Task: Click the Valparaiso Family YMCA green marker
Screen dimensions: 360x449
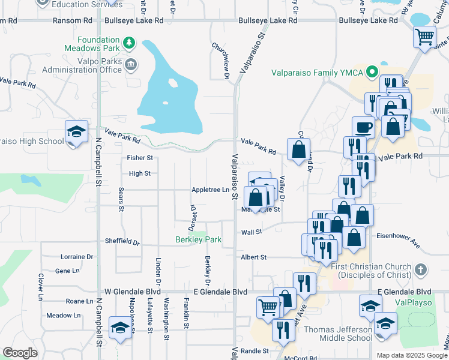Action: pos(372,73)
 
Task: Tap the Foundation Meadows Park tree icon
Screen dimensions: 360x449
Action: pos(128,43)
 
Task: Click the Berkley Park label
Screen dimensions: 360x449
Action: pos(198,240)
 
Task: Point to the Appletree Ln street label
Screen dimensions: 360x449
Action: pos(210,190)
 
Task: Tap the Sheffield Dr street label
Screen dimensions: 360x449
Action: pos(122,242)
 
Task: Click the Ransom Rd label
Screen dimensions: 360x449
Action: pos(17,20)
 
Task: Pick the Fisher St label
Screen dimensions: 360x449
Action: pos(140,158)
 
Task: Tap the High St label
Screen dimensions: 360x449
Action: pos(139,173)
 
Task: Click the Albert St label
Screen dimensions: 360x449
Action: pos(253,257)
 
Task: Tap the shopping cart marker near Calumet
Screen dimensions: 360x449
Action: pos(424,37)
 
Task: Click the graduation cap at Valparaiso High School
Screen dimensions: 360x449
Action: pos(76,132)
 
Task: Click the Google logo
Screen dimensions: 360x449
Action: pos(20,353)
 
